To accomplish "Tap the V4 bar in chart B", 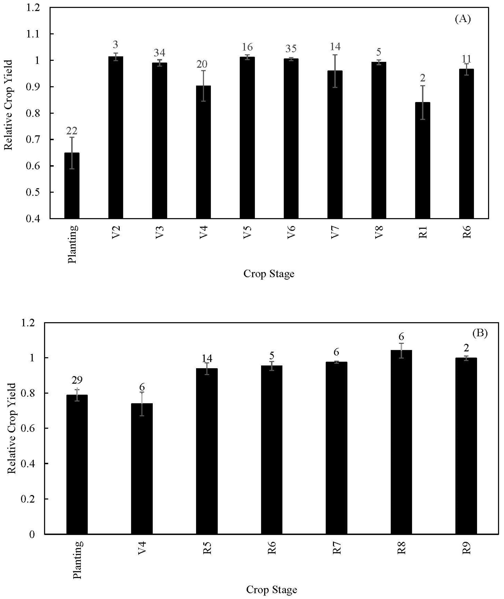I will point(142,469).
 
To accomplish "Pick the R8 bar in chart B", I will point(401,442).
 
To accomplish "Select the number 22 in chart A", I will point(72,131).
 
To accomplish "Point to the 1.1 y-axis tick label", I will point(33,34).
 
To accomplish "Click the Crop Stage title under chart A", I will point(269,274).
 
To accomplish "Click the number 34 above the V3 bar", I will point(159,53).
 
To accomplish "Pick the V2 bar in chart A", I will point(116,137).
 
